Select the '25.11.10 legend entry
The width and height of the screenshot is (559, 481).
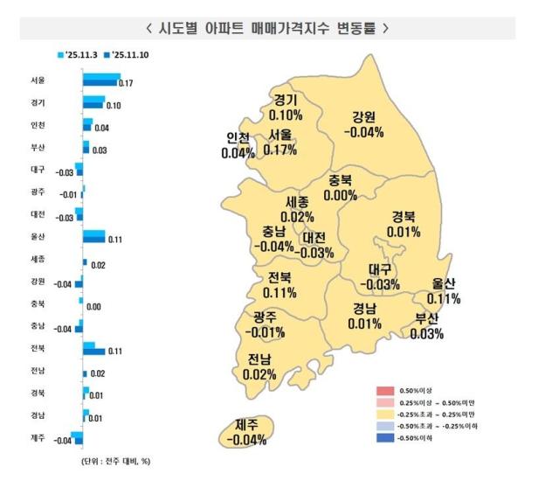(x=127, y=55)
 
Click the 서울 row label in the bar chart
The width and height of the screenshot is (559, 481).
(x=37, y=80)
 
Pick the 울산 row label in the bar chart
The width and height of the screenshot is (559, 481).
(x=37, y=236)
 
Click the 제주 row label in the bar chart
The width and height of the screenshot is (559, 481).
(x=37, y=437)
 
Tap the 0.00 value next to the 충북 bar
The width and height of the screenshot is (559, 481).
(x=93, y=307)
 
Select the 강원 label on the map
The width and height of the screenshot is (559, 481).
(x=364, y=118)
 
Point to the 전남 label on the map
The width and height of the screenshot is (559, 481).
(x=259, y=359)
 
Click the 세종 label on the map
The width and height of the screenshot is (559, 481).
(x=297, y=202)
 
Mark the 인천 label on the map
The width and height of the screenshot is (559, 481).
(x=237, y=137)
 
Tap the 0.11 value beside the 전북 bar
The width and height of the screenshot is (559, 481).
(x=113, y=352)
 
